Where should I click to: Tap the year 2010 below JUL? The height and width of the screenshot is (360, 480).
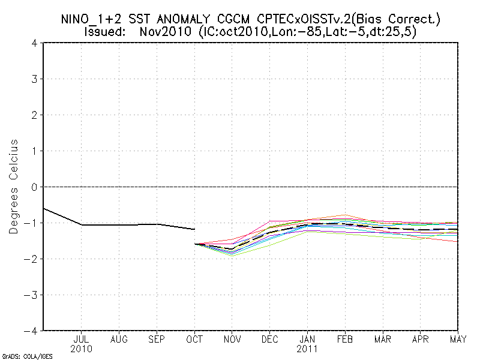(x=82, y=349)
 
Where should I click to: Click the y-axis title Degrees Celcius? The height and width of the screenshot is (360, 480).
(x=14, y=187)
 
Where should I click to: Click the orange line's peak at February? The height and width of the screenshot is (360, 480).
(x=345, y=215)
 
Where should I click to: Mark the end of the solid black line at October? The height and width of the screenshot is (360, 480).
(x=195, y=229)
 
